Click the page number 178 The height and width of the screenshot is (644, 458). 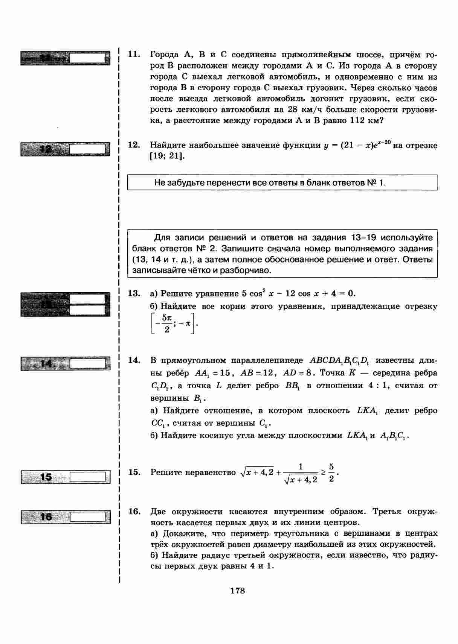[x=237, y=591]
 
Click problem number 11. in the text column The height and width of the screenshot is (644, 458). [x=134, y=55]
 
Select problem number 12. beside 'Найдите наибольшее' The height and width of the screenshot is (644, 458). [x=134, y=145]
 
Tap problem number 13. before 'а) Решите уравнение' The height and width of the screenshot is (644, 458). [x=134, y=293]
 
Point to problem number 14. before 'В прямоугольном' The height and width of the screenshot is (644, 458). [x=134, y=360]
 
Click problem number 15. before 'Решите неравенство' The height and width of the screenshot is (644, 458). [x=134, y=472]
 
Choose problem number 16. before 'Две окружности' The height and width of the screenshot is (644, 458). [x=134, y=512]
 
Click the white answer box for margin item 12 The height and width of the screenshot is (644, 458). [x=87, y=149]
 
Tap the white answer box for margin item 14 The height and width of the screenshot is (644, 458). [x=87, y=364]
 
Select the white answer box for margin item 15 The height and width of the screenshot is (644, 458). [x=87, y=477]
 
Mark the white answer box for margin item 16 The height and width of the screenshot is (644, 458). [x=87, y=516]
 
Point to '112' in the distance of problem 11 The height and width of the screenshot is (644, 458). [x=357, y=121]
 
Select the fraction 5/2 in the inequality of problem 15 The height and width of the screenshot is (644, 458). [x=331, y=473]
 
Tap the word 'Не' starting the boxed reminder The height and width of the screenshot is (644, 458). [x=160, y=183]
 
